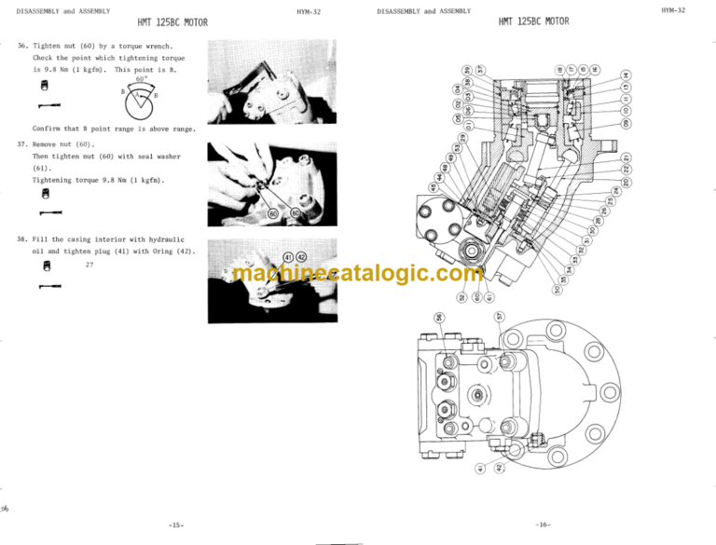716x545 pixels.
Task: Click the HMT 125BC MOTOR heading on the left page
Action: (172, 21)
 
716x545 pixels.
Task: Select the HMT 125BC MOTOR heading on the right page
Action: (533, 21)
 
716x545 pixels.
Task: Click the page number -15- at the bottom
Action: (177, 524)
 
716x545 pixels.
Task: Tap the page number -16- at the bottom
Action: (543, 524)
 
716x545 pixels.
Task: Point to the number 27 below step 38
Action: (89, 266)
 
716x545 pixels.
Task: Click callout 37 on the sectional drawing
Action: (481, 70)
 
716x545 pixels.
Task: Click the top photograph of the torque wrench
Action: (252, 81)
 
